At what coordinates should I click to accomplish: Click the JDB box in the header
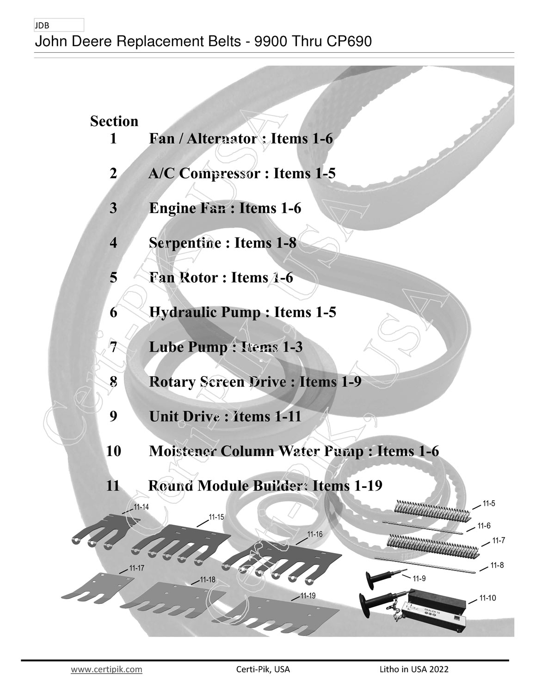tap(59, 25)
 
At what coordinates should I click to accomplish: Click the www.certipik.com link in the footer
tap(106, 669)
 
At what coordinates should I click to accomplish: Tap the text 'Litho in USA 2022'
tap(414, 669)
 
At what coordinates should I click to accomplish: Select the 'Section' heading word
tap(114, 121)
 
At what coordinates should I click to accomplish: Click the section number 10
tap(114, 451)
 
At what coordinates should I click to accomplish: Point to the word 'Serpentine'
tap(185, 243)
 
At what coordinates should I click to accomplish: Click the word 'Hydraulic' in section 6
tap(183, 312)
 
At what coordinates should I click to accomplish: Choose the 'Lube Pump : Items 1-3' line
tap(226, 347)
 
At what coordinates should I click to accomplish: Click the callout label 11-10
tap(488, 598)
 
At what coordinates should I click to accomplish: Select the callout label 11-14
tap(141, 507)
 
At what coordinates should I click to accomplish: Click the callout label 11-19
tap(308, 596)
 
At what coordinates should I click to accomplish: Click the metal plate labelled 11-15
tap(181, 542)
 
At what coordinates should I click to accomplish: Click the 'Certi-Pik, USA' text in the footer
tap(263, 669)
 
